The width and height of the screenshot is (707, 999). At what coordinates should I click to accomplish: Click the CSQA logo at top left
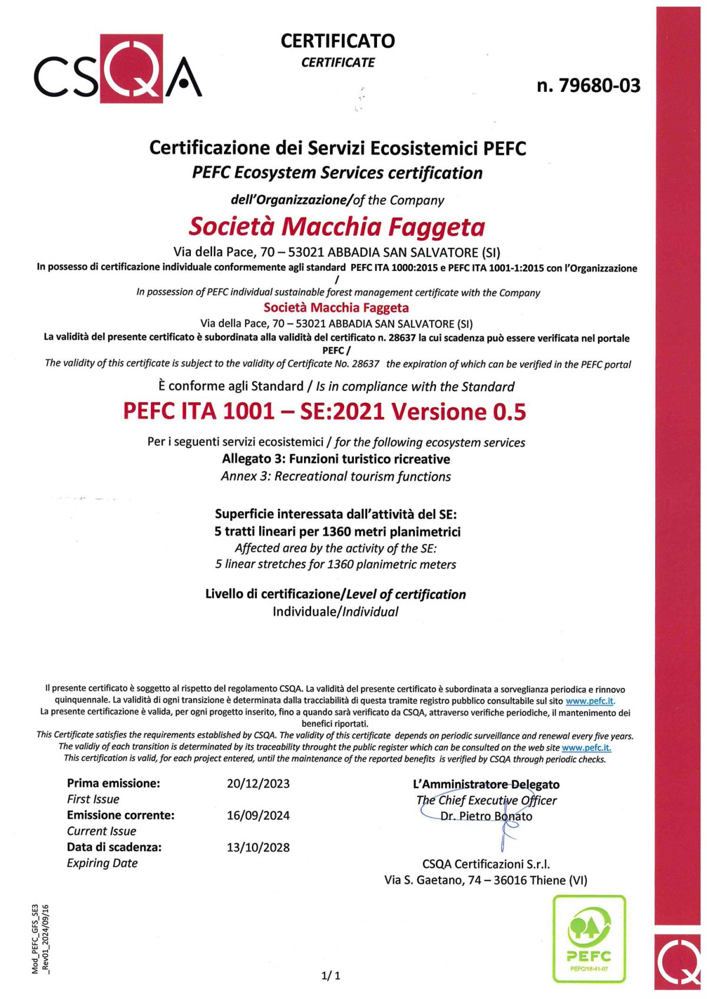coord(118,70)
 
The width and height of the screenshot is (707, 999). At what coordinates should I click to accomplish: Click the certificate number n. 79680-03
coord(588,85)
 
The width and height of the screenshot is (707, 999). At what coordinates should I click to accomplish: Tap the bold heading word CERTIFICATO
coord(338,41)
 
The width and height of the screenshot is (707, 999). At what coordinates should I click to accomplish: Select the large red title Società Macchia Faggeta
coord(336,227)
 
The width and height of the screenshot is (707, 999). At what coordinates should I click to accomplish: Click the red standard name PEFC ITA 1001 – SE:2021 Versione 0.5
coord(324,411)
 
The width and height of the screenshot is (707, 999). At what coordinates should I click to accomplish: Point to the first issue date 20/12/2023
coord(258,783)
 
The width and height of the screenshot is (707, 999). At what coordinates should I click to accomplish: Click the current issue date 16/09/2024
coord(258,815)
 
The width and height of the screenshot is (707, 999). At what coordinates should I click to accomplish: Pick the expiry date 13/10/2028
coord(258,847)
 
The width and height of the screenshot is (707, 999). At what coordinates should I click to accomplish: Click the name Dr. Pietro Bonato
coord(486,816)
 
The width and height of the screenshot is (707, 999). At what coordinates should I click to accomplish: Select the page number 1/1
coord(331,975)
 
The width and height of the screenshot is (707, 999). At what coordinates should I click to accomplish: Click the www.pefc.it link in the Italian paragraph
coord(590,701)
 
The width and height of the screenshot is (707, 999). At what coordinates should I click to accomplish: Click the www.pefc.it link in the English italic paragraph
coord(586,747)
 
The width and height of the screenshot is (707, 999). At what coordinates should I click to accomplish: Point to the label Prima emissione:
coord(113,783)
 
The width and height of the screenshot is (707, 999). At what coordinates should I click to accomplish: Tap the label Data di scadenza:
coord(114,847)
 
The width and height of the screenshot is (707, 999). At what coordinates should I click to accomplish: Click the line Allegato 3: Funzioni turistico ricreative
coord(336,459)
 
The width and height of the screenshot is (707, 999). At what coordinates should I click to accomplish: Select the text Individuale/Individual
coord(335,611)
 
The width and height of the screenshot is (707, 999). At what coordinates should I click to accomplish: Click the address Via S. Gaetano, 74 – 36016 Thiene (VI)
coord(485,880)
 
